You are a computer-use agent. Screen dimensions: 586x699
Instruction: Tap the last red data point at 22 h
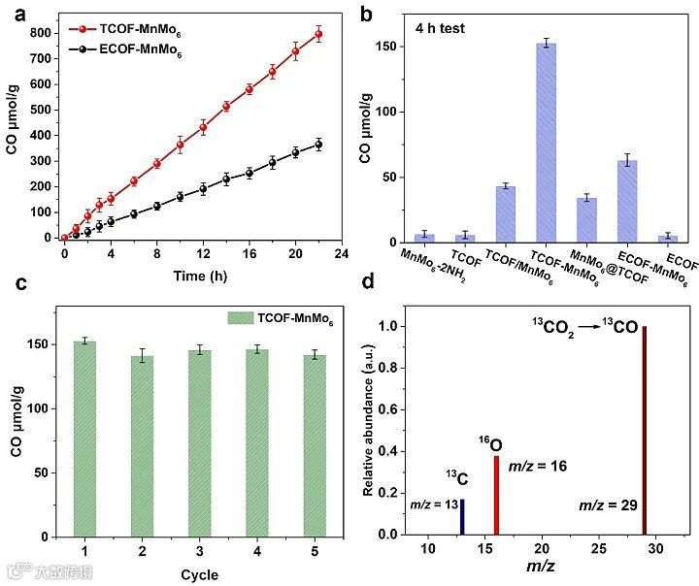click(318, 35)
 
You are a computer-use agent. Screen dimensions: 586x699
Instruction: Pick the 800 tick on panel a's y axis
click(42, 33)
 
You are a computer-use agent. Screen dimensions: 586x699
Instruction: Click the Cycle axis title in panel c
click(199, 574)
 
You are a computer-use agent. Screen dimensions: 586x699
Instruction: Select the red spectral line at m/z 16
click(496, 495)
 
